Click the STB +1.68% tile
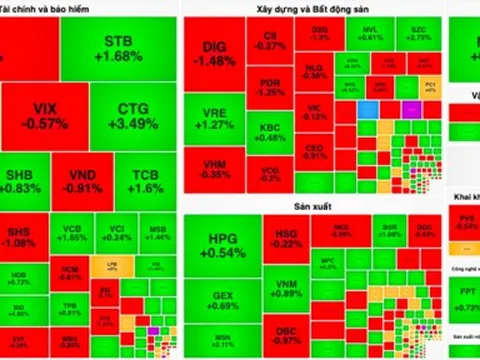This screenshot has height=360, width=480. [124, 48]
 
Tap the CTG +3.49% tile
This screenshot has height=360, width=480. [135, 114]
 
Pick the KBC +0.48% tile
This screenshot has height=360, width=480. [268, 132]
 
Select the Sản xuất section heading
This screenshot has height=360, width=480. [214, 207]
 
